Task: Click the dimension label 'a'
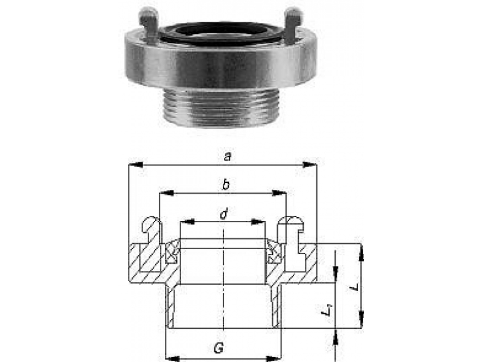(x=228, y=157)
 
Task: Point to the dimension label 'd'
(x=224, y=214)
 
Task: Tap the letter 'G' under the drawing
(x=219, y=348)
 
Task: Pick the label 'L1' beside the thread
(x=327, y=310)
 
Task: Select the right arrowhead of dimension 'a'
(x=310, y=165)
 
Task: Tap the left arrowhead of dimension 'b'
(x=167, y=193)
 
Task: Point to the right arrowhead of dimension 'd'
(x=258, y=221)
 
